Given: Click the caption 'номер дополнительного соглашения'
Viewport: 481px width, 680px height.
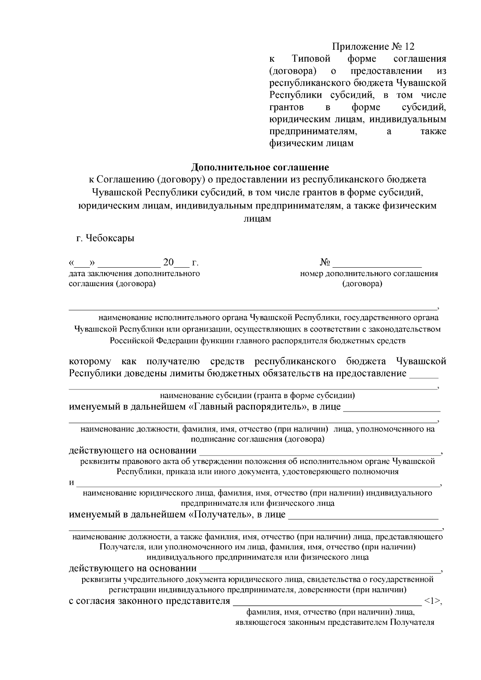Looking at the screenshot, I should pos(369,274).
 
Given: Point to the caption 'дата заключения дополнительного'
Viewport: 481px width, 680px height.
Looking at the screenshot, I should pos(134,274).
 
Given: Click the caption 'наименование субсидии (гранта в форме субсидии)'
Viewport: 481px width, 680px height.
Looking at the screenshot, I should pos(257,396).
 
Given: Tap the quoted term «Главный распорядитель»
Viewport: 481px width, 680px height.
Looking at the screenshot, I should pos(246,407).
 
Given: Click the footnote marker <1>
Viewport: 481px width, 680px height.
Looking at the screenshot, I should pos(431,601).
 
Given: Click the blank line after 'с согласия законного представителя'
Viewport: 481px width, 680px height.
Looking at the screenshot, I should pos(325,602).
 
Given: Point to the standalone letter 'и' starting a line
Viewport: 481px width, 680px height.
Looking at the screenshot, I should pos(72,482).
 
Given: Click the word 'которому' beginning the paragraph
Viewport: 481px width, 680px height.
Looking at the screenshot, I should pos(90,362).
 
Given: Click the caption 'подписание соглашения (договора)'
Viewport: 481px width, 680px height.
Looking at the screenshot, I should pos(257,439).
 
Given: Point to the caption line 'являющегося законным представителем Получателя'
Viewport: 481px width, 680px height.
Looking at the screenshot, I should pos(334,623).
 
